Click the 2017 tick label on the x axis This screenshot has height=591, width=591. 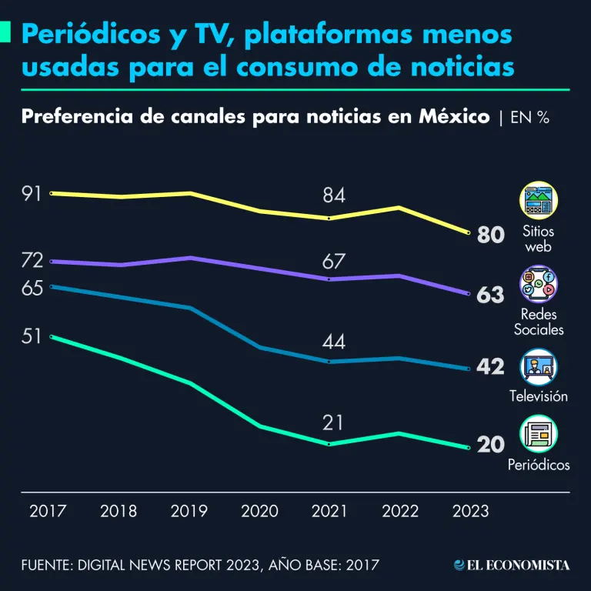[48, 512]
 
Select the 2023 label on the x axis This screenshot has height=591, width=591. [469, 512]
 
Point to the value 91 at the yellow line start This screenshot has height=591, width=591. [32, 193]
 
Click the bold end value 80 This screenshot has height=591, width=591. [490, 235]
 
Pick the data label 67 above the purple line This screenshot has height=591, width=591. [333, 262]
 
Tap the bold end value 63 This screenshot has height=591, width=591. [490, 295]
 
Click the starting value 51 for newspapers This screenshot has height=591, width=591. [32, 337]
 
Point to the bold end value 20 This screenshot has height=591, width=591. [490, 445]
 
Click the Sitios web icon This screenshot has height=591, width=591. [539, 202]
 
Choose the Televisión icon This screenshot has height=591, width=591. [539, 367]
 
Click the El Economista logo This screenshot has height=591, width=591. [512, 566]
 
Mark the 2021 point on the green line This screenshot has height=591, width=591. [329, 445]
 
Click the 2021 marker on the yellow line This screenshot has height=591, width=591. [329, 219]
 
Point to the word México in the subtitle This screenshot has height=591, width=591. [454, 117]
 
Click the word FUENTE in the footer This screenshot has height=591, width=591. [45, 566]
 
